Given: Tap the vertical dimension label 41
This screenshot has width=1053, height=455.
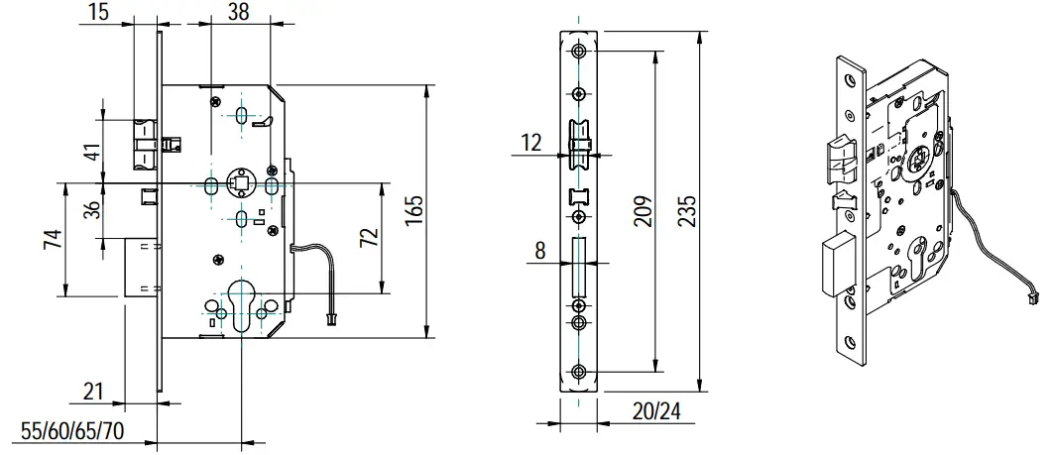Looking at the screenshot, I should pos(91,154).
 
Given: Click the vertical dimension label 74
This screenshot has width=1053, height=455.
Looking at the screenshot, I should pos(56,239).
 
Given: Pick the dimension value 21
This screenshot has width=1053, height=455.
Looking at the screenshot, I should pos(94,392).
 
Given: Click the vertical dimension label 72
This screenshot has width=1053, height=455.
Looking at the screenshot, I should pos(370,239).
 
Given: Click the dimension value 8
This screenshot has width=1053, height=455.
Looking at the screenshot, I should pos(539,251).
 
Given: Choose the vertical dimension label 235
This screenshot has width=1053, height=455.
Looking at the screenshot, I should pos(686,211).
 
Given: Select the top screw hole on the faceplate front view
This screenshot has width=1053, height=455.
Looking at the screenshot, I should pos(578,51).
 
